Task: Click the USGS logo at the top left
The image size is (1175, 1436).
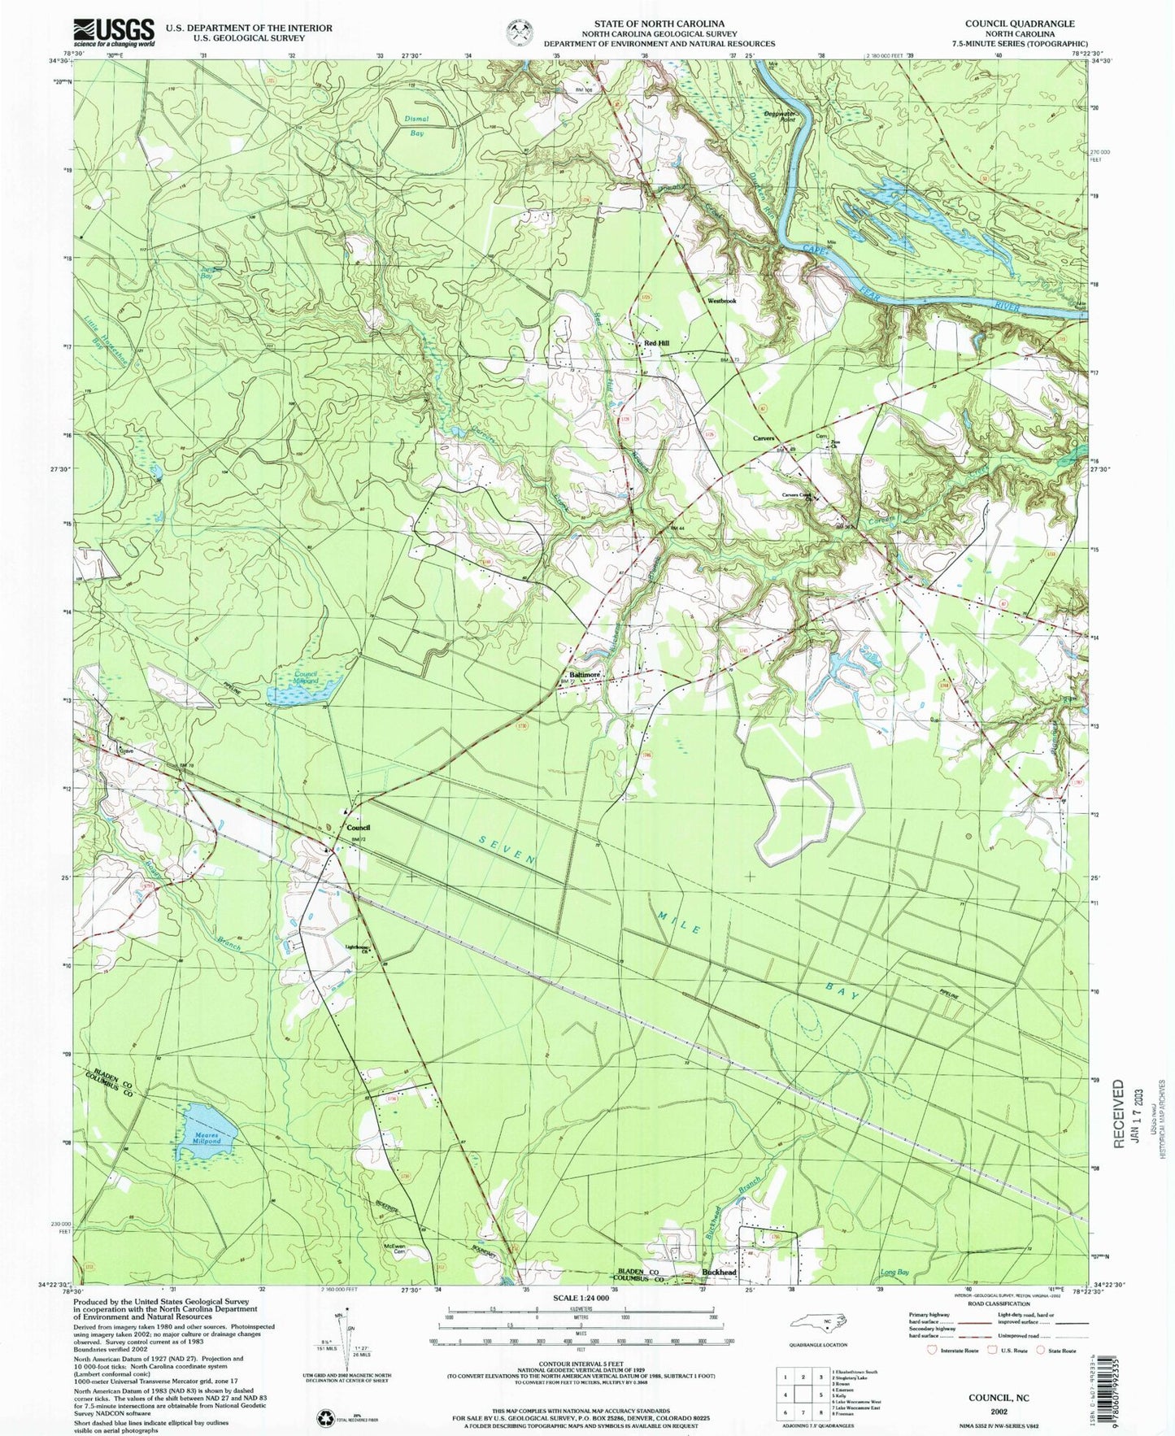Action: [113, 33]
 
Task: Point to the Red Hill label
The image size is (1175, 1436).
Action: [656, 344]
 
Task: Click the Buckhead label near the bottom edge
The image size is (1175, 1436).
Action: [719, 1295]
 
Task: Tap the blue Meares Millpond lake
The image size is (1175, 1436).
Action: [205, 1132]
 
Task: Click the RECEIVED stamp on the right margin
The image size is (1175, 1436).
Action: [1117, 1114]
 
